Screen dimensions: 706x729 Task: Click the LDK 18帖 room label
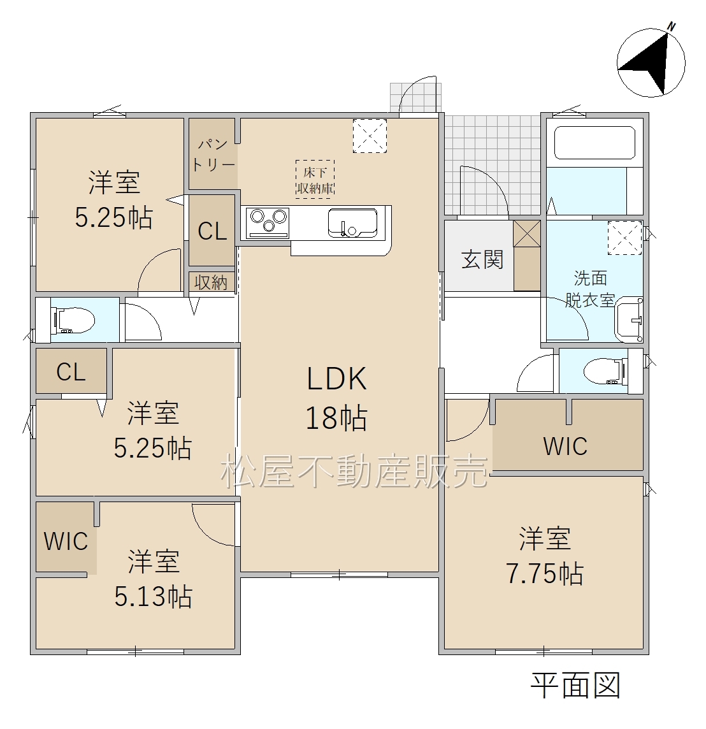click(337, 398)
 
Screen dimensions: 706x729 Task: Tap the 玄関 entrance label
click(482, 259)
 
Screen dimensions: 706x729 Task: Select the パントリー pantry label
click(213, 155)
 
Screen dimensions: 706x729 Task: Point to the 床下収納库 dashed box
click(315, 180)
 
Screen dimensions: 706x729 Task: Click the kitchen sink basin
click(353, 222)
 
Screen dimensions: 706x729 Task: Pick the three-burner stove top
click(269, 222)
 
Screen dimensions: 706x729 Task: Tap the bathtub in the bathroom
click(594, 142)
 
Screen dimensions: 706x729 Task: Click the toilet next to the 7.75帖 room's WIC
click(602, 370)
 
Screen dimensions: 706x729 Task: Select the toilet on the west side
click(73, 320)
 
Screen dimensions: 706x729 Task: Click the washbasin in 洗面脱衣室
click(629, 319)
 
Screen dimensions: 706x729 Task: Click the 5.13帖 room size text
click(153, 596)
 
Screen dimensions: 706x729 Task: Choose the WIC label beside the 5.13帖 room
click(66, 541)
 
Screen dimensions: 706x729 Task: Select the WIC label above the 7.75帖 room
click(565, 446)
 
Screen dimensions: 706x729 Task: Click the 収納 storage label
click(211, 282)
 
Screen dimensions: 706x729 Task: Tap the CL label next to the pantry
click(212, 231)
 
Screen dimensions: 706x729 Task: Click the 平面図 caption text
click(576, 685)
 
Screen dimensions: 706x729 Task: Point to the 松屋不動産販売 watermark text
click(355, 471)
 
